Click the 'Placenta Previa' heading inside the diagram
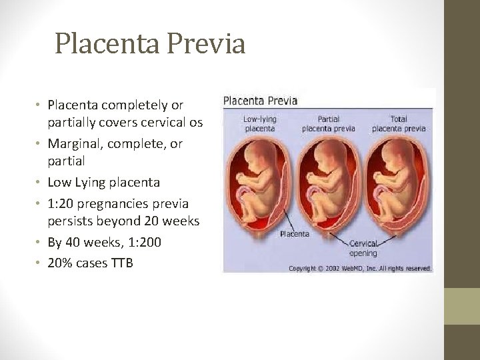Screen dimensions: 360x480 pyautogui.click(x=260, y=101)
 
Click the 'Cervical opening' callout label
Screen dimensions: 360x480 pyautogui.click(x=363, y=248)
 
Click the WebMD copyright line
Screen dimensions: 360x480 pyautogui.click(x=360, y=268)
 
